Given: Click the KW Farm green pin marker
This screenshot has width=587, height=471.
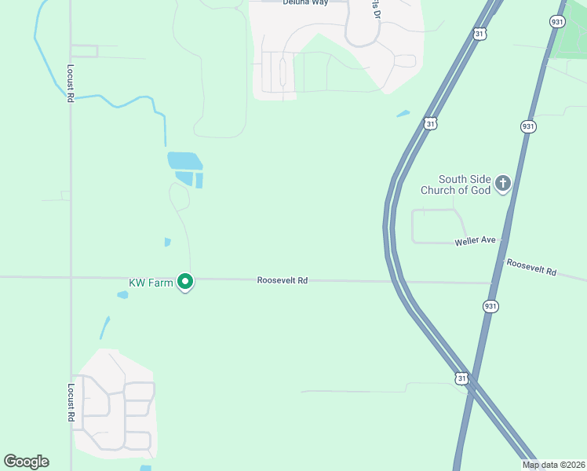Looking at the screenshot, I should point(185,281).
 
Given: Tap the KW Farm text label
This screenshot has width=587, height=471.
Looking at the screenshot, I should point(151,283).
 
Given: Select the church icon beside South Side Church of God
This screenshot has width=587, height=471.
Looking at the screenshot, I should point(502,184).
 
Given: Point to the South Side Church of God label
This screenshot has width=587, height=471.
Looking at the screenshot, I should point(465,184).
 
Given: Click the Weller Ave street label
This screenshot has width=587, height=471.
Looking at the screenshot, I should point(475,241).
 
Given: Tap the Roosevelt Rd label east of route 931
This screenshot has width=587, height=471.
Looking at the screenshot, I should point(531,267).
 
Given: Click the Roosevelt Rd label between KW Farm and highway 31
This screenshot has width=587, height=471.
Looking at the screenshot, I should point(282,279).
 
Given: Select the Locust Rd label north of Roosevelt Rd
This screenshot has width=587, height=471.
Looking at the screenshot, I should point(71,83).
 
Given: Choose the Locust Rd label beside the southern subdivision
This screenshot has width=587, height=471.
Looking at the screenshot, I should point(71,403).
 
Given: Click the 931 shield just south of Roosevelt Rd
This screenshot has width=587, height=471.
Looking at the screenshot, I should point(491,305).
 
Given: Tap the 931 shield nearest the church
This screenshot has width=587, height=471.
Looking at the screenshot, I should point(527,126).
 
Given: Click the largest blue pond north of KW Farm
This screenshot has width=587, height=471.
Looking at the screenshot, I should point(184,161).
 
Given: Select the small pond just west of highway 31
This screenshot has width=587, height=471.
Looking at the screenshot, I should point(403,114).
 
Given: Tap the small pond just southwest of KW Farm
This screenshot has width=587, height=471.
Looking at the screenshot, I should point(122,295).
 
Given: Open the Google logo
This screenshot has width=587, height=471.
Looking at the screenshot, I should point(27,462).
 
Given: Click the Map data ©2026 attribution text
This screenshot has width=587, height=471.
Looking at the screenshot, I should point(554,465).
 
